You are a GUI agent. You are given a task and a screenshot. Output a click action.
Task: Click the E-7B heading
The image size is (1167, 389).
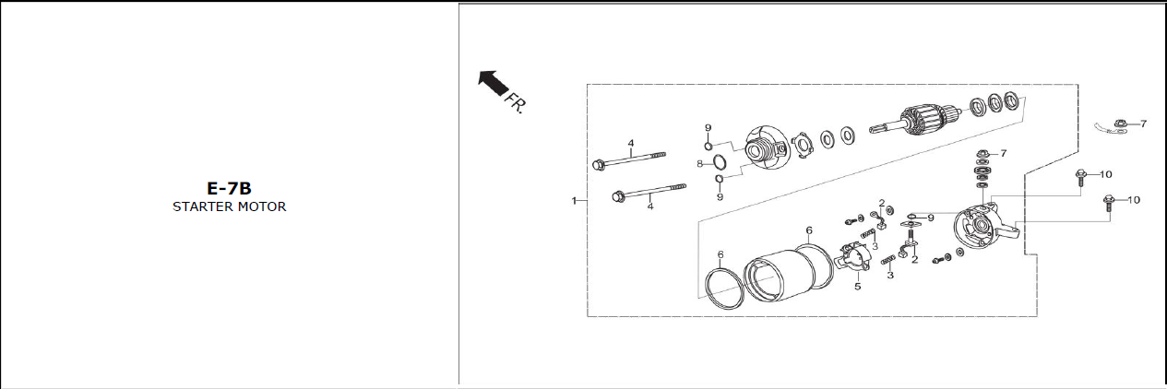pyautogui.click(x=229, y=188)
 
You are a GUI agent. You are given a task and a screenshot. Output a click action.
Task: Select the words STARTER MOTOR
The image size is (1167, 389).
pyautogui.click(x=229, y=206)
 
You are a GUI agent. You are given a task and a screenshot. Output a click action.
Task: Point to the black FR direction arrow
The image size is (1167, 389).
pyautogui.click(x=493, y=83)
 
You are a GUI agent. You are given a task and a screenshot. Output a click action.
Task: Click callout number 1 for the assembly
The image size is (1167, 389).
pyautogui.click(x=574, y=200)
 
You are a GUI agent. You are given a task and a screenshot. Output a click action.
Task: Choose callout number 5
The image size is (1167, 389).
pyautogui.click(x=857, y=286)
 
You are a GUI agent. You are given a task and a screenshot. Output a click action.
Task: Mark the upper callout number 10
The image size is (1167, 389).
pyautogui.click(x=1105, y=174)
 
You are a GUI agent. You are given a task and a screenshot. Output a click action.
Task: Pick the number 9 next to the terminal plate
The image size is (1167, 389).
pyautogui.click(x=931, y=218)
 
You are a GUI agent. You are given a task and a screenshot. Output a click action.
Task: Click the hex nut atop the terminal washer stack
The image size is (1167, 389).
pyautogui.click(x=982, y=154)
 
